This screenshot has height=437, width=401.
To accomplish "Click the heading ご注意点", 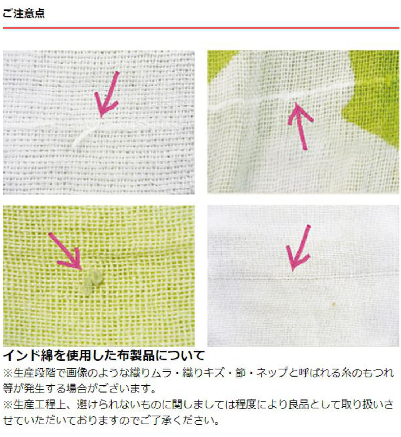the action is [24, 13].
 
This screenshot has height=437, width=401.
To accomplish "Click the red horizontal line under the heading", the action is [200, 28].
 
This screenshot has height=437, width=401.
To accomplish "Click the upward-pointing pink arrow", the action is [300, 126].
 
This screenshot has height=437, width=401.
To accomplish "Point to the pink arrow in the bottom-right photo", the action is [298, 248].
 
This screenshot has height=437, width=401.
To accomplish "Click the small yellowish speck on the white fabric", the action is [334, 303].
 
